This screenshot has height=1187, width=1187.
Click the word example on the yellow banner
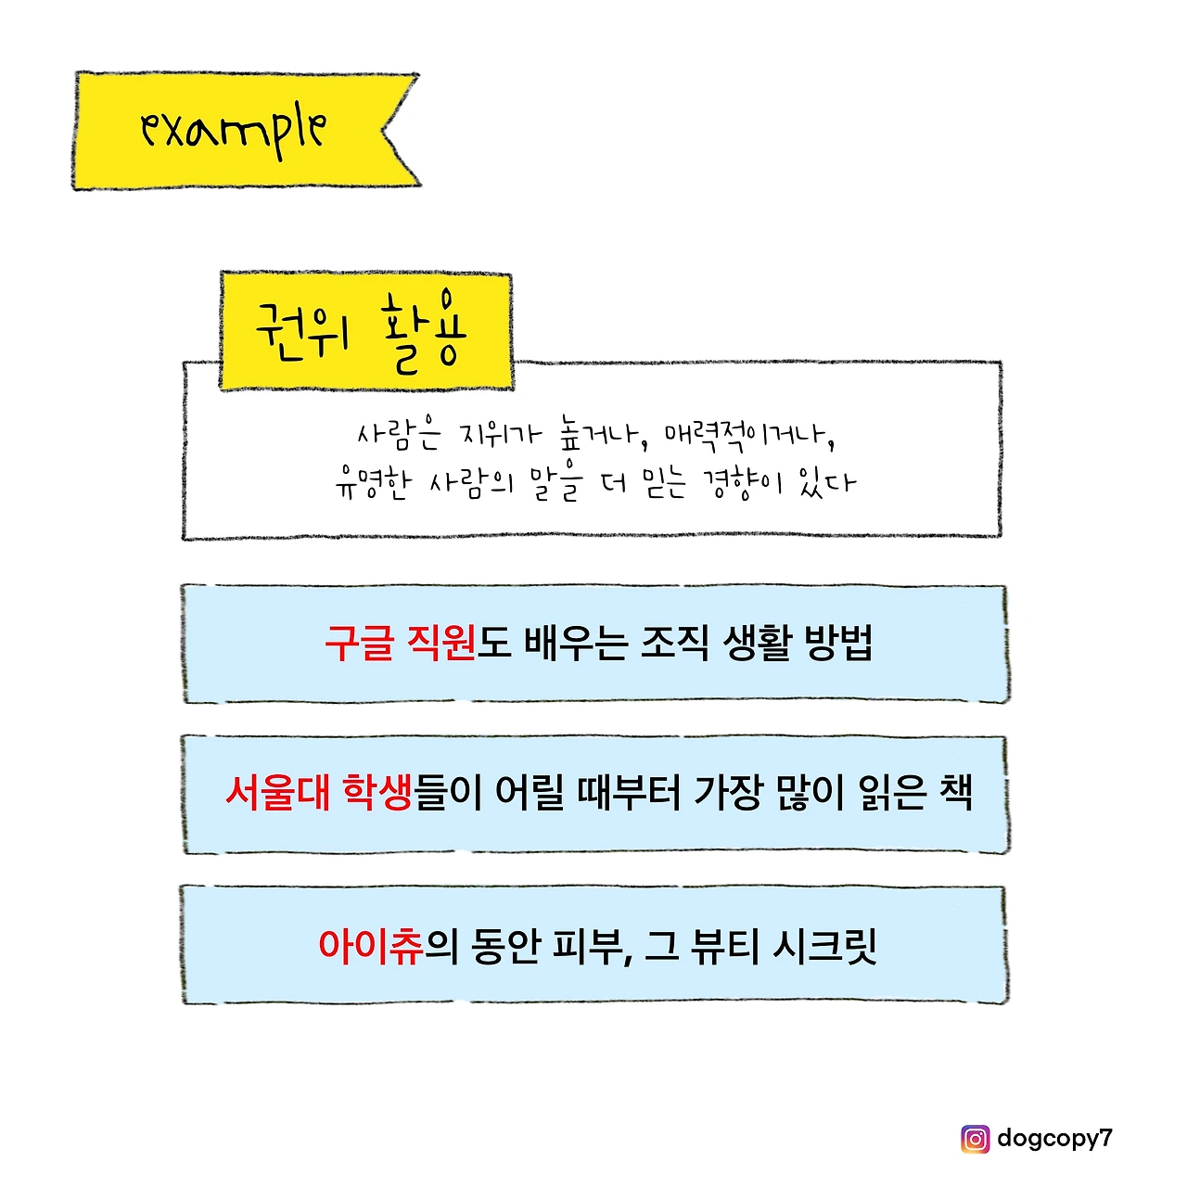(x=233, y=130)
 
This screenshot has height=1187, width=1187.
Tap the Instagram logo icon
(x=975, y=1139)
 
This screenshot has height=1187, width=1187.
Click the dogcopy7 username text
(x=1054, y=1138)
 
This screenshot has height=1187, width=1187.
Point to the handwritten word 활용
(x=424, y=332)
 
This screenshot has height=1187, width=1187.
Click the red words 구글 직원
(x=400, y=643)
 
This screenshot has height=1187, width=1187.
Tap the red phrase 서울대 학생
(x=318, y=793)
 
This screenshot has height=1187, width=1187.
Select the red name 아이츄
(x=370, y=946)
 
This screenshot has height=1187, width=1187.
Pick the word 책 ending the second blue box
(x=954, y=793)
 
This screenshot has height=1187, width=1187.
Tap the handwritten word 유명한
(x=371, y=483)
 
